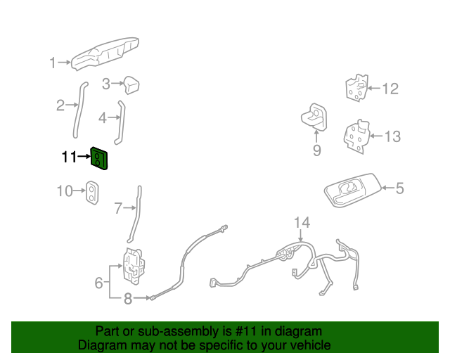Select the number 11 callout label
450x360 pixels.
[x=68, y=157]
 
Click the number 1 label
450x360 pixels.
[x=52, y=63]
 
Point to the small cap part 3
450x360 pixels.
[x=131, y=85]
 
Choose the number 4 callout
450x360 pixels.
[x=103, y=117]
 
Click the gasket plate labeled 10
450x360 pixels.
[x=92, y=193]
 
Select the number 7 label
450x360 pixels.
[x=118, y=208]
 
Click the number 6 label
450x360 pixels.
[x=99, y=283]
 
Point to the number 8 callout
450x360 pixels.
[x=127, y=299]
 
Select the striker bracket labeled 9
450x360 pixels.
[x=314, y=116]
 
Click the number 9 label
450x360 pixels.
[x=316, y=150]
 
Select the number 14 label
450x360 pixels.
[x=301, y=223]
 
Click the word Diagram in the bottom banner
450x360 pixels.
[x=102, y=345]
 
